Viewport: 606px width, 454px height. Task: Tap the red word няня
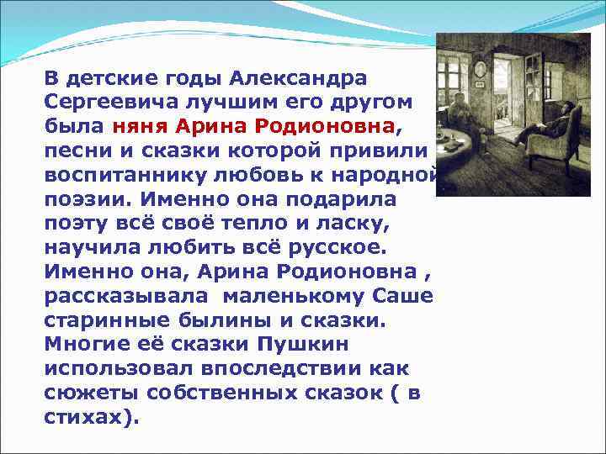click(x=140, y=126)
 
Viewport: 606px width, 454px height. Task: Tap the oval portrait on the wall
click(x=480, y=69)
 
